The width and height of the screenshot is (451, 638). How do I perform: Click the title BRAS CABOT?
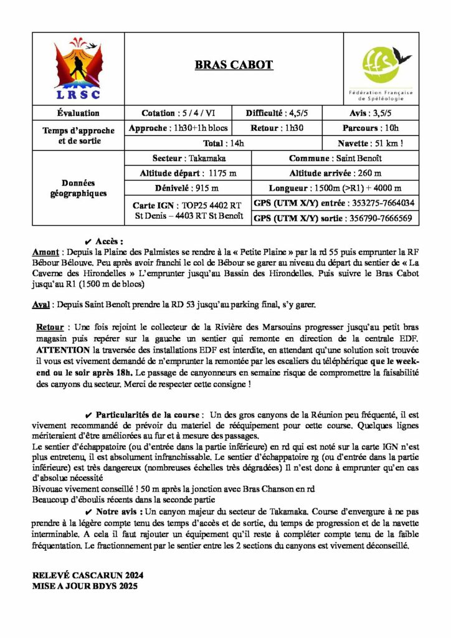234,65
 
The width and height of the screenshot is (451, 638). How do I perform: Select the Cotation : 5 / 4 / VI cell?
178,113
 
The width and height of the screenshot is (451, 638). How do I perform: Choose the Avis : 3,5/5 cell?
381,113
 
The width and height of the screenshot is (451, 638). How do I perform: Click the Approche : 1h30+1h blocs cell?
178,128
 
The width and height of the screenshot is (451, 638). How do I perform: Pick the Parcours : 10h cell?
381,128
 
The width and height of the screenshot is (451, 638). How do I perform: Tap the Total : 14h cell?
234,143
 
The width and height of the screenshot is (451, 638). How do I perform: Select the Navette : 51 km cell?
381,143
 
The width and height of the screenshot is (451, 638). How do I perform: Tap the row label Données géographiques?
78,188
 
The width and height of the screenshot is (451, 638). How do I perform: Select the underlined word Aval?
42,305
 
